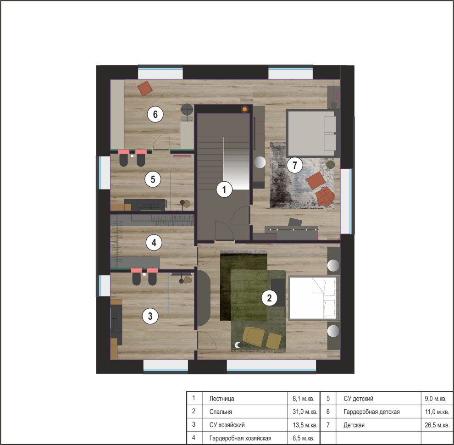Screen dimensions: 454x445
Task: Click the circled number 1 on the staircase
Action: (x=224, y=189)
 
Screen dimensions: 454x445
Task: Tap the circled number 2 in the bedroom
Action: (x=269, y=298)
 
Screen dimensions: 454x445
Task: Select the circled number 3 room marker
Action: (x=150, y=316)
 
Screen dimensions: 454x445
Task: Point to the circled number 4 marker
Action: (x=154, y=243)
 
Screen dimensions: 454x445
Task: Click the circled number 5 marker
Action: (x=153, y=179)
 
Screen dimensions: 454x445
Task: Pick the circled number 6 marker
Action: (x=155, y=114)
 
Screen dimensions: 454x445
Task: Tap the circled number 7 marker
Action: (x=295, y=165)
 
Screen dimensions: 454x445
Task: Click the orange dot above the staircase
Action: (x=245, y=109)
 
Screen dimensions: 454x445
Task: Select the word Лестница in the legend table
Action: (x=221, y=399)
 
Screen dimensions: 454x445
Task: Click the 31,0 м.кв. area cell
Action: (x=305, y=412)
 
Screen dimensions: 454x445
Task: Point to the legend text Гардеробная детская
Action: (x=371, y=412)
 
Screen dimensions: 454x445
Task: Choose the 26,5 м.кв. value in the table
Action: (x=437, y=425)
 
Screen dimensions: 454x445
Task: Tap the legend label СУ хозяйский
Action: (x=227, y=425)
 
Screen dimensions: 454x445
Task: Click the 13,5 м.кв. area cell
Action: (x=305, y=425)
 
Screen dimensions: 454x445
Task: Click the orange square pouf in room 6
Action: (x=145, y=89)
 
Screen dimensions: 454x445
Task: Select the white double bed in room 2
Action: (x=313, y=298)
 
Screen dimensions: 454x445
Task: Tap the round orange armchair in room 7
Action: (x=325, y=196)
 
